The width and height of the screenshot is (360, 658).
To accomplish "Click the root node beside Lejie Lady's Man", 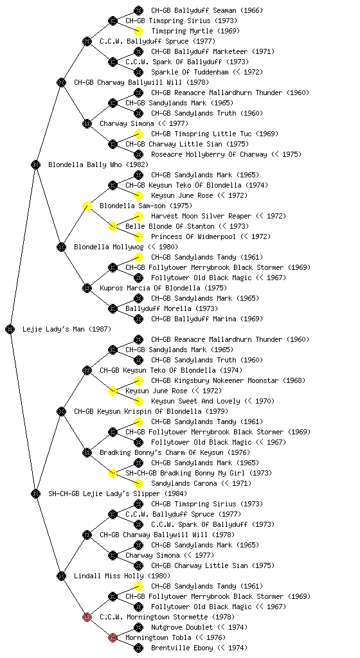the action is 10,329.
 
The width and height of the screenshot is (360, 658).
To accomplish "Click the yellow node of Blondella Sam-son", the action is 87,206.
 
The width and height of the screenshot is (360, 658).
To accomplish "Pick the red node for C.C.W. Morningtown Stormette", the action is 87,617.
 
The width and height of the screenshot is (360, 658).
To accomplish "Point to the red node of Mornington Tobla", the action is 113,637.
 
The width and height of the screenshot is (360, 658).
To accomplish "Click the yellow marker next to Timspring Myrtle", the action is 138,31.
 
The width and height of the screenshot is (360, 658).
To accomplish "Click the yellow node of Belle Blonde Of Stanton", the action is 113,226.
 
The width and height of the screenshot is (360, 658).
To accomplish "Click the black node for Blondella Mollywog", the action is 61,247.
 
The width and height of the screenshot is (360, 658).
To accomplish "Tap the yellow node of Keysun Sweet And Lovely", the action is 138,401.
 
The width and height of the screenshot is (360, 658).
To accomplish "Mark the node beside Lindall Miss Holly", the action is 61,576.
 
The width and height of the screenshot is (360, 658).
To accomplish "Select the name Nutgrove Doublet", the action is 182,627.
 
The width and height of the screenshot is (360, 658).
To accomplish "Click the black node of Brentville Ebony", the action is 138,648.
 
